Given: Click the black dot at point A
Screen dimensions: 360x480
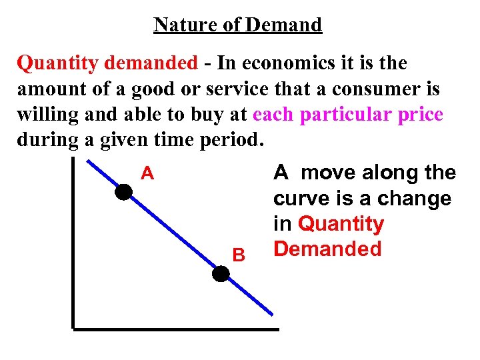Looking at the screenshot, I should [x=123, y=193].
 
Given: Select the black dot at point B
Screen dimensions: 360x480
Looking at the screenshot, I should [x=221, y=274].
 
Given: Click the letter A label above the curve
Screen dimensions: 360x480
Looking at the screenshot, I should [x=147, y=175].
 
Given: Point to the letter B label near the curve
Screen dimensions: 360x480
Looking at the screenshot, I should [x=238, y=255].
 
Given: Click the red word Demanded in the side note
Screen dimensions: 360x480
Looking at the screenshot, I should [x=327, y=249].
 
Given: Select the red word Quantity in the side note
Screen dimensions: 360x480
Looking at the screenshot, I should [x=341, y=225].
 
